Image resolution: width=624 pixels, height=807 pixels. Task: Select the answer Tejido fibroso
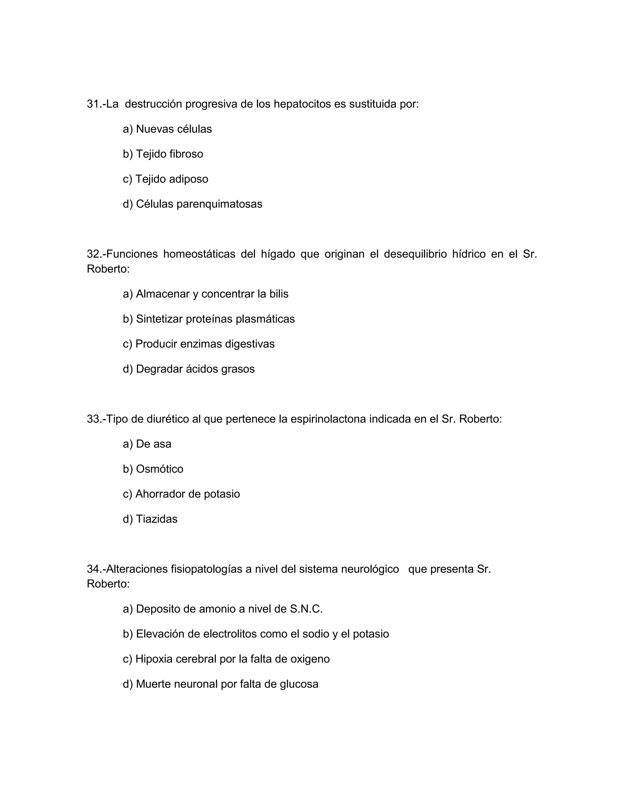(169, 154)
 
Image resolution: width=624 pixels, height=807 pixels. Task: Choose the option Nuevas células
(174, 129)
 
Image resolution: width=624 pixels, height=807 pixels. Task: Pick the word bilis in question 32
(279, 294)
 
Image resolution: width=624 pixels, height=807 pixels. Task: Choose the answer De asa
(154, 444)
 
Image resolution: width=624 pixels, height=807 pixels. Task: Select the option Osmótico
(159, 469)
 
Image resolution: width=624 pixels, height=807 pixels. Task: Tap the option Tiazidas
(156, 519)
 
